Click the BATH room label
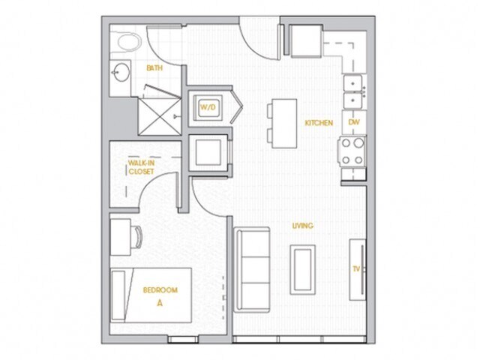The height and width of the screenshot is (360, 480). pos(154,68)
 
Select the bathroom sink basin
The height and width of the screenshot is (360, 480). pos(120,73)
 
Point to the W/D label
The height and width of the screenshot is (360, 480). pos(207,107)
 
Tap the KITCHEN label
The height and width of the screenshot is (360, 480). pos(318,122)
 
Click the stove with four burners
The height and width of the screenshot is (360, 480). pos(353,151)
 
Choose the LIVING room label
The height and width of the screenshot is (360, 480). pos(302,226)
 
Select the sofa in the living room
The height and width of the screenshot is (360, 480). pos(252,269)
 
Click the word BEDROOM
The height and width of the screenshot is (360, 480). pos(160,290)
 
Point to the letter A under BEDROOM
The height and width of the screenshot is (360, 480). pos(160,304)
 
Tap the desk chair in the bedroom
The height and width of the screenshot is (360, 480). pos(139,235)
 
